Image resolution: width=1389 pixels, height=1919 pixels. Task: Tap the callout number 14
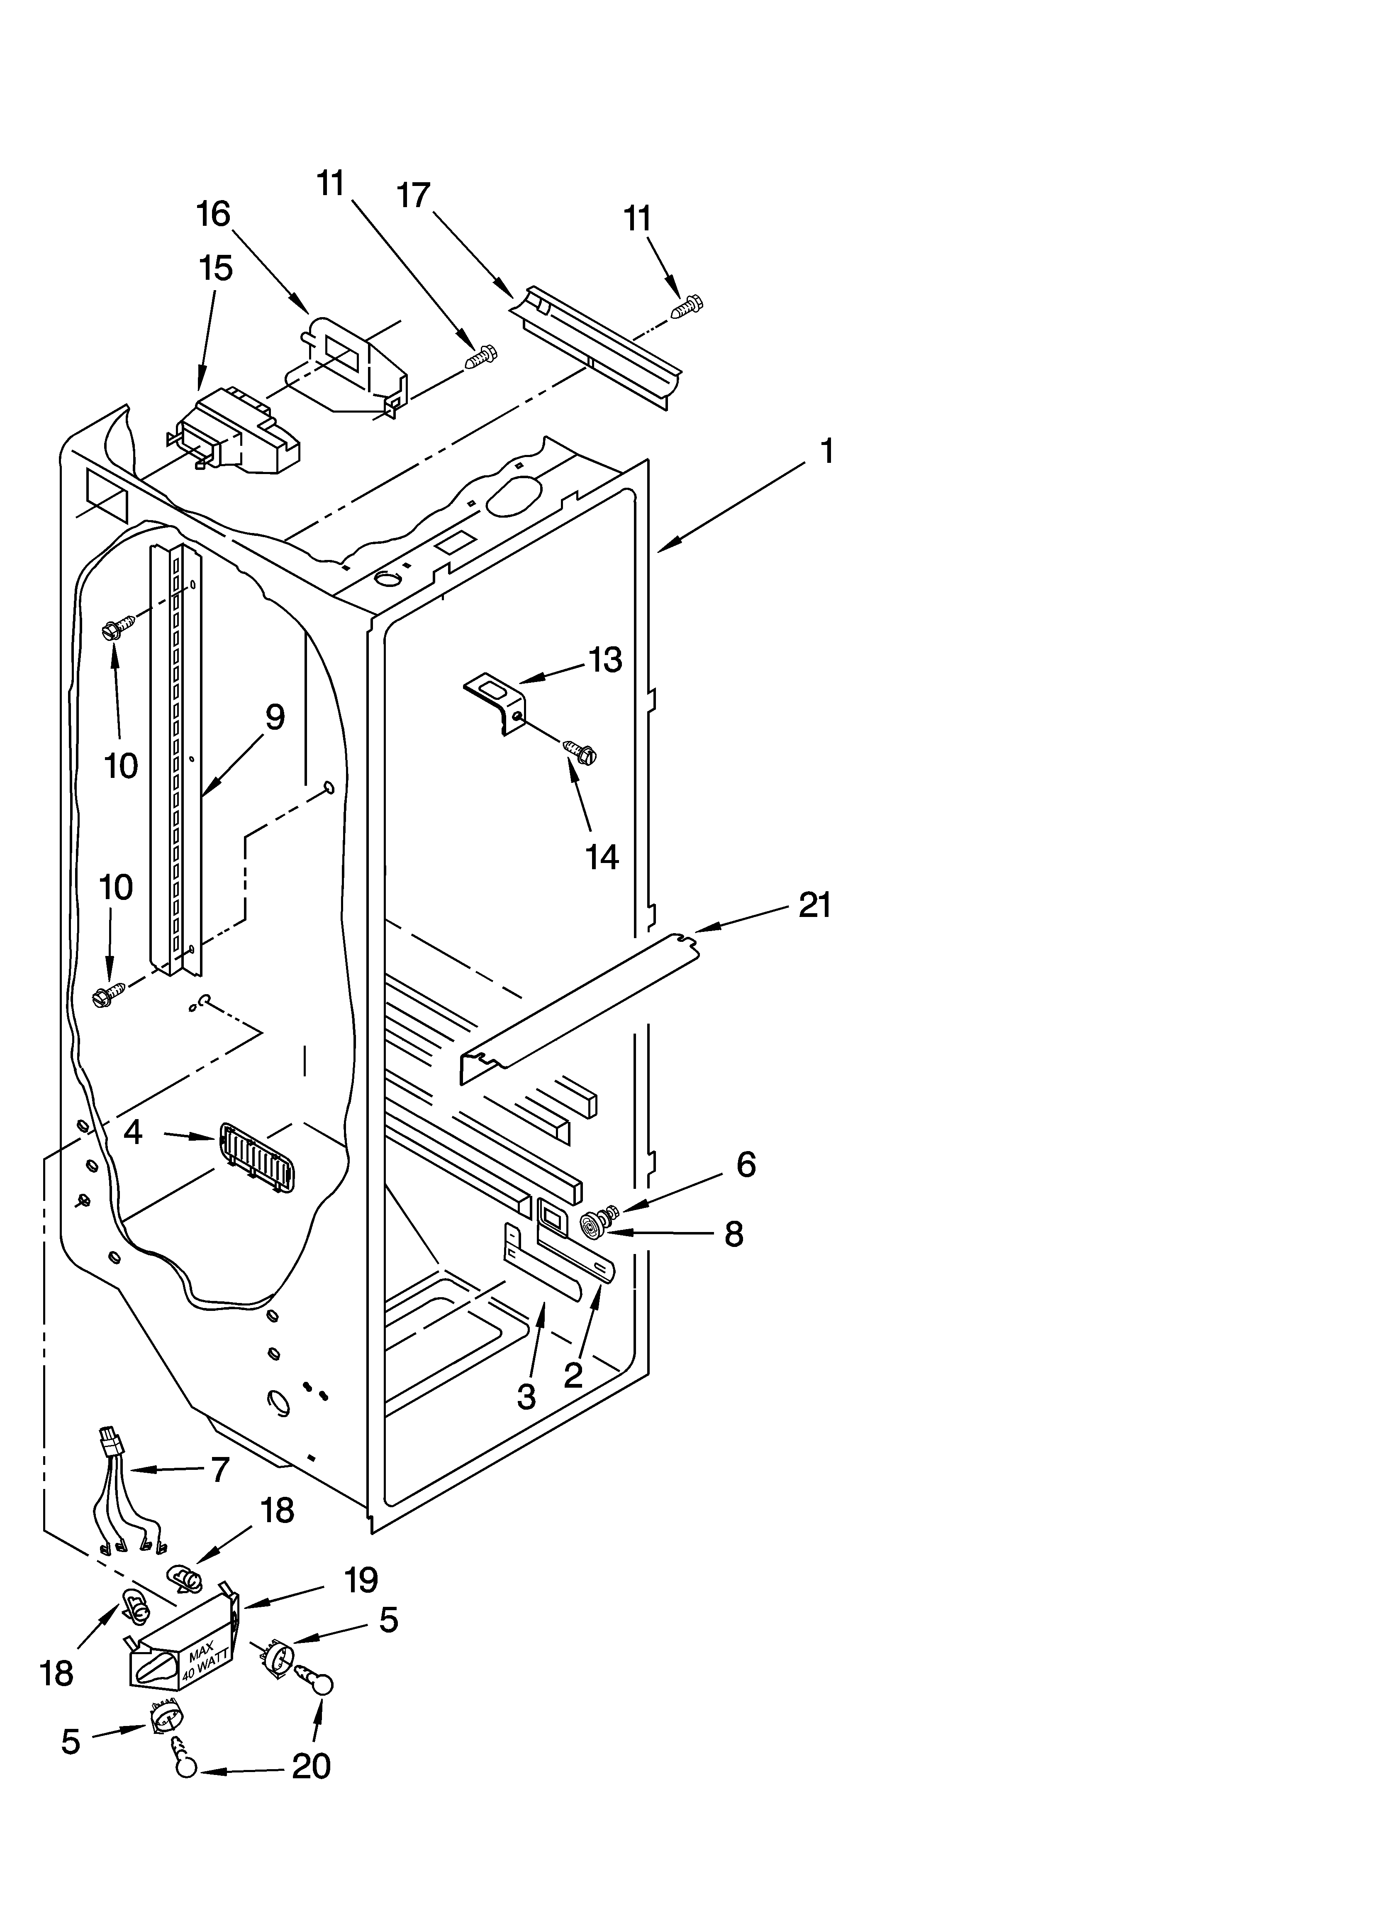point(602,858)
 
